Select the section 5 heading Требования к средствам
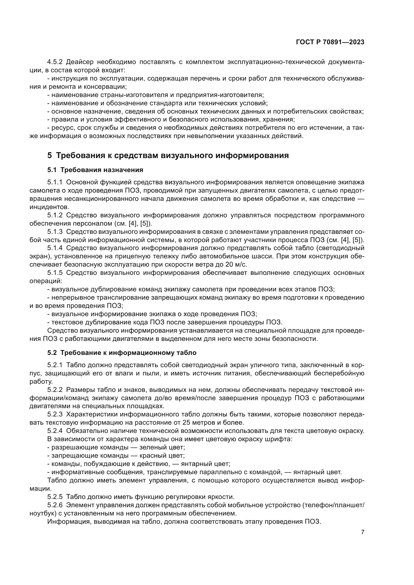tap(168, 155)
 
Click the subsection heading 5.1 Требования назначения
tap(95, 170)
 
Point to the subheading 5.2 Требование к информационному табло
tap(122, 353)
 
